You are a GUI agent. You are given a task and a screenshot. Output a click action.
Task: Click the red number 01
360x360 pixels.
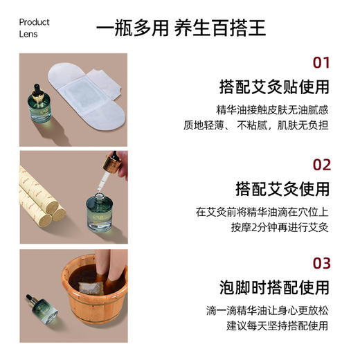pyautogui.click(x=321, y=64)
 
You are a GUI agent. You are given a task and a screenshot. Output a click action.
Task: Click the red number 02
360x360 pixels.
pyautogui.click(x=321, y=164)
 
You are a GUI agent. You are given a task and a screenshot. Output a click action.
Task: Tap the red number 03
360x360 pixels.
pyautogui.click(x=321, y=263)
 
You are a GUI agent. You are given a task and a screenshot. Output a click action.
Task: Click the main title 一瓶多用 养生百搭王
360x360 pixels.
pyautogui.click(x=180, y=28)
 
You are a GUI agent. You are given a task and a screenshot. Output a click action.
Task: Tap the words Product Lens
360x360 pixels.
pyautogui.click(x=34, y=28)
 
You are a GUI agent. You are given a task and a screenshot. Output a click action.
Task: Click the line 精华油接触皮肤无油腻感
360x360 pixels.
pyautogui.click(x=271, y=109)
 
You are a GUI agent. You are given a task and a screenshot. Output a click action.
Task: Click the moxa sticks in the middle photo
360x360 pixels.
pyautogui.click(x=42, y=197)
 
